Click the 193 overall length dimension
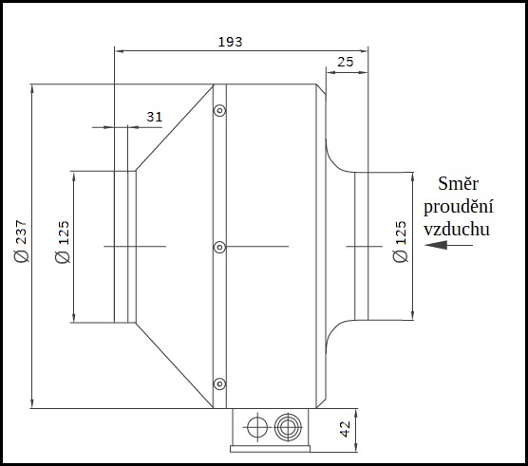[230, 41]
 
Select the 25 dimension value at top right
[347, 62]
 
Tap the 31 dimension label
[155, 116]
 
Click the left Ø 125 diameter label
[64, 246]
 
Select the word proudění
[458, 207]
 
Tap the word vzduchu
[458, 229]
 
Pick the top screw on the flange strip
[219, 111]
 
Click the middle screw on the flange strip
[219, 247]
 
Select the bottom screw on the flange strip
[219, 383]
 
